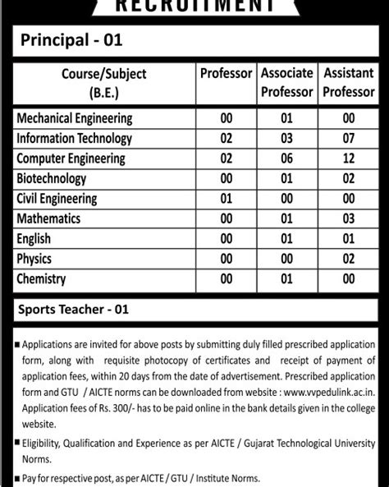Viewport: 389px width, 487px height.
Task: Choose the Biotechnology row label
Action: [52, 178]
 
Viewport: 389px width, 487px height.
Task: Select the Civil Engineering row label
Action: [57, 198]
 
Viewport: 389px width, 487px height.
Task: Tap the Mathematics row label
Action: [48, 218]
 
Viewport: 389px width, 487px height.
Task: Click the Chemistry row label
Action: [42, 279]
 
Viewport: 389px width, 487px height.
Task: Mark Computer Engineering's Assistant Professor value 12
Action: [348, 158]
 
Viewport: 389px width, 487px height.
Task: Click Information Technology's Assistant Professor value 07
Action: [348, 138]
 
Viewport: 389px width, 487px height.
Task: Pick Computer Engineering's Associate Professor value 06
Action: [286, 158]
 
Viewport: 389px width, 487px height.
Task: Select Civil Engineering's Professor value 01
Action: [227, 198]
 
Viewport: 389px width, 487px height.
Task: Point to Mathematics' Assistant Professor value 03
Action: [348, 218]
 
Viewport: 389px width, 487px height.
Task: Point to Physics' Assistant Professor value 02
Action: [348, 259]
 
